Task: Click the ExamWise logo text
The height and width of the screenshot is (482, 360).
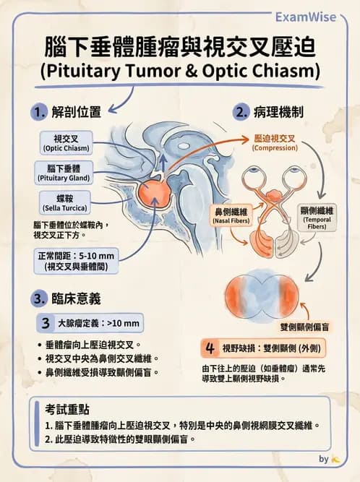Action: (x=305, y=17)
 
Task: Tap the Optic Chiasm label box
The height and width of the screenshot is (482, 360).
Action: (x=66, y=143)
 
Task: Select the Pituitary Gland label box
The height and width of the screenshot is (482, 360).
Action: (x=64, y=173)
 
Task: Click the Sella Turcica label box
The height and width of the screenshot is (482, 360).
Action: (x=65, y=202)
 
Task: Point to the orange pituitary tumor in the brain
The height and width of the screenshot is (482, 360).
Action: (x=153, y=194)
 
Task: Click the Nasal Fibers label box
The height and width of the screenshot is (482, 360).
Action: (x=231, y=215)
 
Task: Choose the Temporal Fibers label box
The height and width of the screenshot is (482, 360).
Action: (x=317, y=218)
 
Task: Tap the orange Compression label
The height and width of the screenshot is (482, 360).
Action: (x=275, y=143)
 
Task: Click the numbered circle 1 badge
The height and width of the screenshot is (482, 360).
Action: (x=39, y=112)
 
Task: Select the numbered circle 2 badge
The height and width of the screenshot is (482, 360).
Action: (x=241, y=112)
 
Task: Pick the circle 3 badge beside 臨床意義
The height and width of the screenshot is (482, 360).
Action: (x=39, y=298)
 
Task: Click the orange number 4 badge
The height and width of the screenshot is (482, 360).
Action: (x=210, y=348)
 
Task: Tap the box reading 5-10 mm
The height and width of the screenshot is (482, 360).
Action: (x=76, y=261)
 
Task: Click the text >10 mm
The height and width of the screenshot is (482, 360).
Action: (x=123, y=323)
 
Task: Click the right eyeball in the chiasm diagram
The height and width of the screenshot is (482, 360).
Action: (x=293, y=177)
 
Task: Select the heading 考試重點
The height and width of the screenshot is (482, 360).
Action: (x=67, y=410)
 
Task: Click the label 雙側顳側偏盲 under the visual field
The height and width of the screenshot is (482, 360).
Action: (x=304, y=327)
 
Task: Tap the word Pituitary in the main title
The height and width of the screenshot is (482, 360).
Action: (x=84, y=71)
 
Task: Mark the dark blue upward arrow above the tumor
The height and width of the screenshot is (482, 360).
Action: (x=163, y=163)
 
